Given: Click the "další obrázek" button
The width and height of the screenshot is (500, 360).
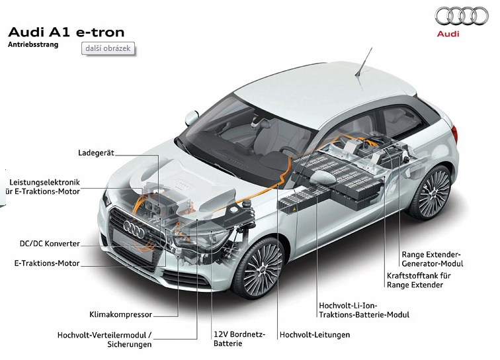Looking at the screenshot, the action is coord(108,48).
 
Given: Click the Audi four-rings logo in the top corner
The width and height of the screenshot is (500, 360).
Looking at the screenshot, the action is coord(462,16).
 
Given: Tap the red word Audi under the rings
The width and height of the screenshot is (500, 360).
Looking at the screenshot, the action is coord(448,34).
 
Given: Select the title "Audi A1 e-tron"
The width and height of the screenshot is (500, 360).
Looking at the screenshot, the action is coord(66,32).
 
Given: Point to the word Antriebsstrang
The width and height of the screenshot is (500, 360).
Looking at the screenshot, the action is coord(33,44).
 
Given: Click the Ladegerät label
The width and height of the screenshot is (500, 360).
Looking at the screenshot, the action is coord(96,153).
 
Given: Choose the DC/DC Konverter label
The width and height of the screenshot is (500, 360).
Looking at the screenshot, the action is coord(50,244).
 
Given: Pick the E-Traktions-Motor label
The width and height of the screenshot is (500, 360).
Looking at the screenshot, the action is coord(47,263).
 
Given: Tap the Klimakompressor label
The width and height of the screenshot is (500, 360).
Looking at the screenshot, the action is coord(121,314).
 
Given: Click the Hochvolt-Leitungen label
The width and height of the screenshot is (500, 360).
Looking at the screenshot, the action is coord(315,335).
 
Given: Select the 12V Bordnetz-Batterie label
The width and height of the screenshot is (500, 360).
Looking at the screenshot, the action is coord(239,339).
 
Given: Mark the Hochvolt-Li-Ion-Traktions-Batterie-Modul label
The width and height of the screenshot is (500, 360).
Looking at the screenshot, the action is coord(364,310).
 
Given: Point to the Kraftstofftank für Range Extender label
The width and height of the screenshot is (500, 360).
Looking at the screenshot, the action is coord(419,280).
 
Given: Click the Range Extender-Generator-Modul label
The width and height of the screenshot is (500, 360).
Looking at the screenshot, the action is coord(433,259).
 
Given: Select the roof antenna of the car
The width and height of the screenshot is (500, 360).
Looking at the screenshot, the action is coord(364,62).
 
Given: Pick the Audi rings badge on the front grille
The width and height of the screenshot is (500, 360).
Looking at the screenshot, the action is coord(134,229).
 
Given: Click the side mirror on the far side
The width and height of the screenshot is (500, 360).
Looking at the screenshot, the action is coord(192,118).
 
